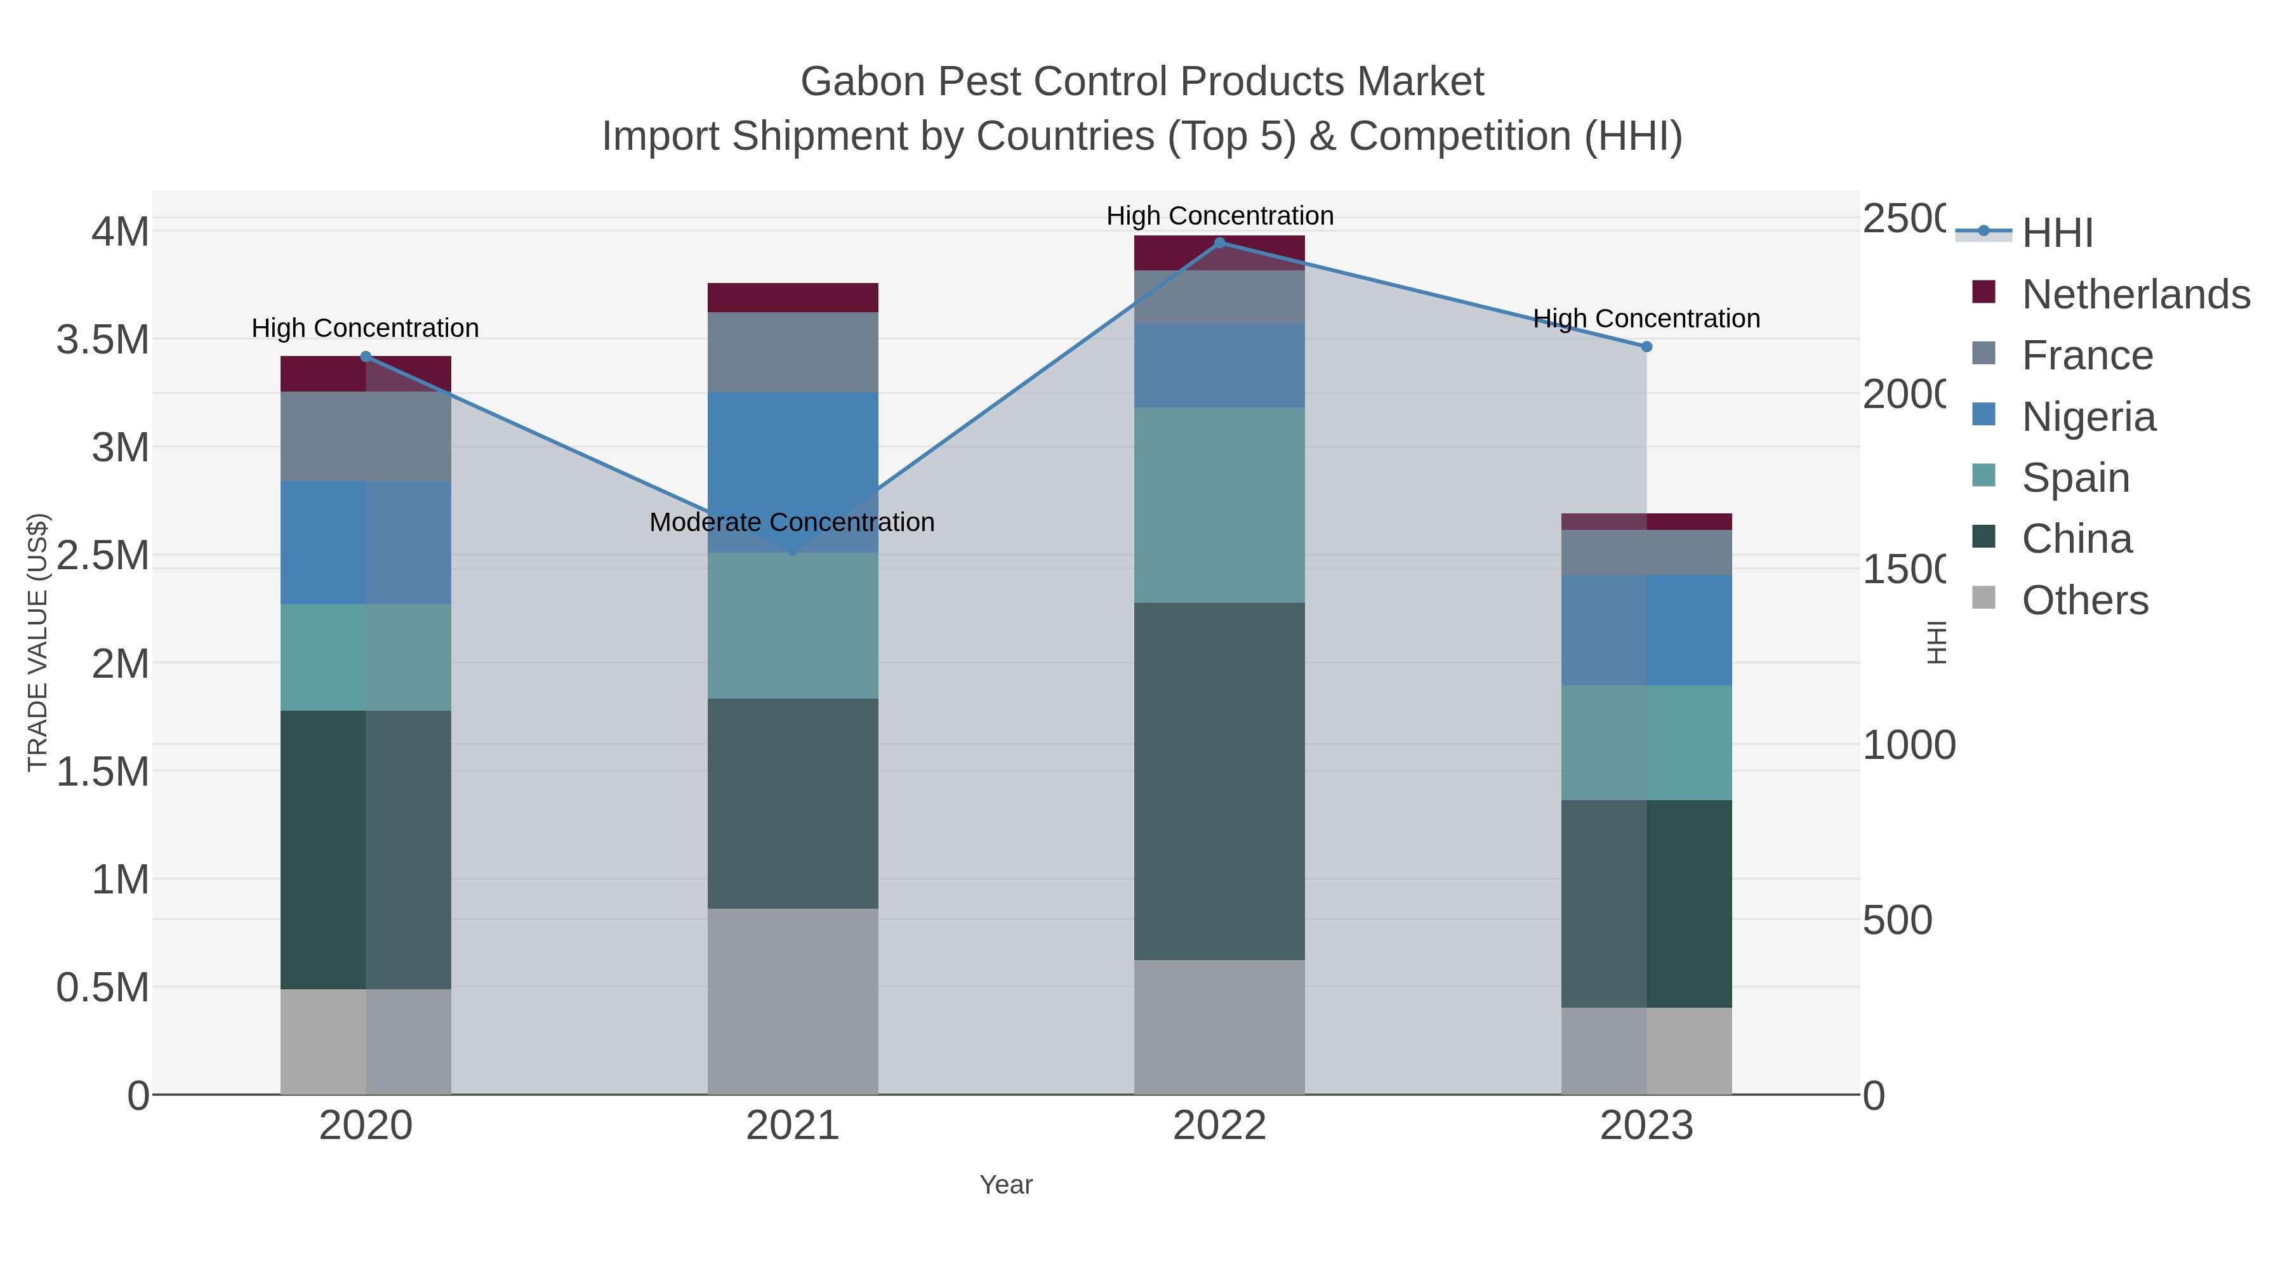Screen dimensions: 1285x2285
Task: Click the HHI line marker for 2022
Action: click(1220, 243)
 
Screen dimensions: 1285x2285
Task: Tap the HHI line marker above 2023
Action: click(1646, 346)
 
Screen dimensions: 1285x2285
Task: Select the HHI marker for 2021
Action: click(793, 551)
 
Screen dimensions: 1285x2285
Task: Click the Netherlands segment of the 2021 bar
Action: click(793, 298)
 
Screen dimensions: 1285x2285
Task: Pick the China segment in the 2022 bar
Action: click(1220, 781)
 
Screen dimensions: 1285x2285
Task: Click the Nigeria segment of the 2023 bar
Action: click(1646, 629)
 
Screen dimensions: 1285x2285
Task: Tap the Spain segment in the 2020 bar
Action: click(366, 657)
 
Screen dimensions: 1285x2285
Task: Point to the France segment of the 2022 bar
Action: click(1220, 297)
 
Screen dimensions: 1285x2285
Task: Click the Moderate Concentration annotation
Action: click(792, 522)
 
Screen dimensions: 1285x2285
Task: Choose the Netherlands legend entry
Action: click(2136, 294)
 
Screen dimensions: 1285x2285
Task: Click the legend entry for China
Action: click(2077, 539)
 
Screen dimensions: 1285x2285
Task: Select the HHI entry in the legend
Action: click(2058, 234)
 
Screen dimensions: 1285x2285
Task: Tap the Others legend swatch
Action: click(1984, 598)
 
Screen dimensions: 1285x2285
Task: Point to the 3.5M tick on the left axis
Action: click(103, 339)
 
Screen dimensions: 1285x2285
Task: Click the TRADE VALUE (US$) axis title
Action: click(37, 642)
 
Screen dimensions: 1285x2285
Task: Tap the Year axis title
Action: click(1006, 1185)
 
